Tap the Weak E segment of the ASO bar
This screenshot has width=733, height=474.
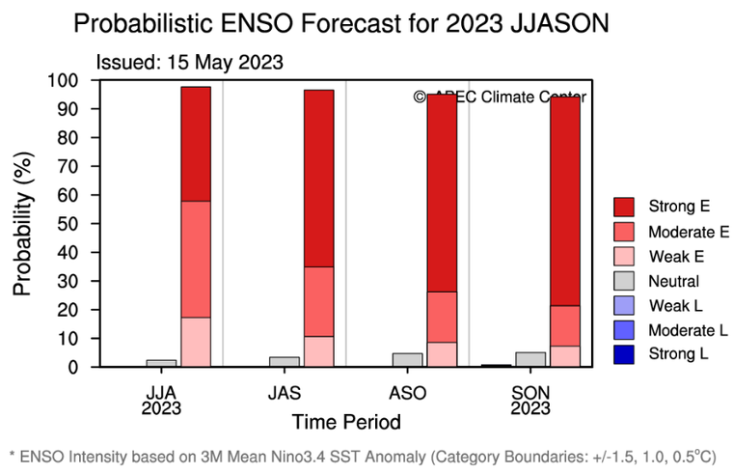coord(443,354)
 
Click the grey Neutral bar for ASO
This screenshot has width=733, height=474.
coord(407,360)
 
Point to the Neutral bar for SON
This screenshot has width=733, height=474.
coord(530,359)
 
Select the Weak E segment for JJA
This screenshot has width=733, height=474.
coord(196,342)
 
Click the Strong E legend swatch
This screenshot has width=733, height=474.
coord(624,206)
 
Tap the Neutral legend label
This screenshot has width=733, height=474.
coord(675,281)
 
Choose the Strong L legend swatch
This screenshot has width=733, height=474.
coord(624,355)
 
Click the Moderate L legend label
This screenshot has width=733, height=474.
coord(689,330)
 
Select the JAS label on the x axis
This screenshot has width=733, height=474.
coord(284,392)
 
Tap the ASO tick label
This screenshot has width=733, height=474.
coord(407,392)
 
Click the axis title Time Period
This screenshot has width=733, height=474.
coord(345,422)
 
